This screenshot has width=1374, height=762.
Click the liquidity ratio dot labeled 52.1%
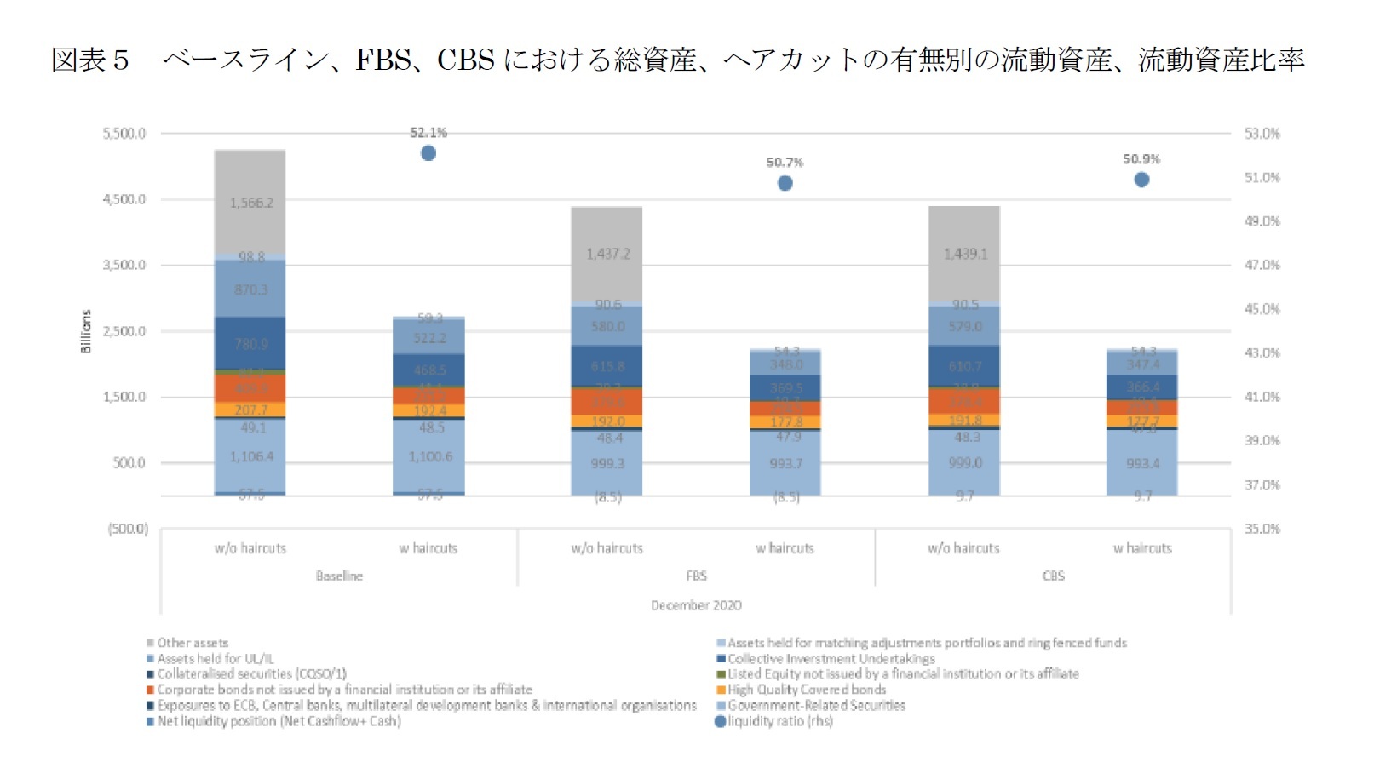pos(428,153)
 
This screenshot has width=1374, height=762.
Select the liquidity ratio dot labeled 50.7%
pos(785,183)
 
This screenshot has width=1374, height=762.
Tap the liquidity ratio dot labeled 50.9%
pos(1142,180)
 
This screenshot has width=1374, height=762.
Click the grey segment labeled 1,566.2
pos(250,203)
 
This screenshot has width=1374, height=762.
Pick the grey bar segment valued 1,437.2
pos(607,254)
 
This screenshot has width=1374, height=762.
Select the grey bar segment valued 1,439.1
pos(964,254)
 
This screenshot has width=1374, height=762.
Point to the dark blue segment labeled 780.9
pos(250,344)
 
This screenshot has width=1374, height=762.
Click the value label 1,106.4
pos(251,457)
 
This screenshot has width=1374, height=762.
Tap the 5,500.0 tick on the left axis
pos(124,134)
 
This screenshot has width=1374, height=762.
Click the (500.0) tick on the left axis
pos(128,529)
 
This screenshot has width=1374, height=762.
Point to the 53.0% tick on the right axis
pos(1262,134)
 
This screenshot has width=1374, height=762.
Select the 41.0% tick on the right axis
pos(1262,397)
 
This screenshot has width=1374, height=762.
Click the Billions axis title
pos(85,331)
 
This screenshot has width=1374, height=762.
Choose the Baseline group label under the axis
pos(339,576)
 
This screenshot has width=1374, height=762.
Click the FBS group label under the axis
pos(696,576)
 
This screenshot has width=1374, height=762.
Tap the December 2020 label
pos(696,605)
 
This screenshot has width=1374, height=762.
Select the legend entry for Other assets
pos(193,643)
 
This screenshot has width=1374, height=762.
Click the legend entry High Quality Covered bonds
pos(806,690)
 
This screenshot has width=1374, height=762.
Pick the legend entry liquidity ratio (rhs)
pos(779,721)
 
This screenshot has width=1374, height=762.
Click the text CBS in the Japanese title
pos(465,60)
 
